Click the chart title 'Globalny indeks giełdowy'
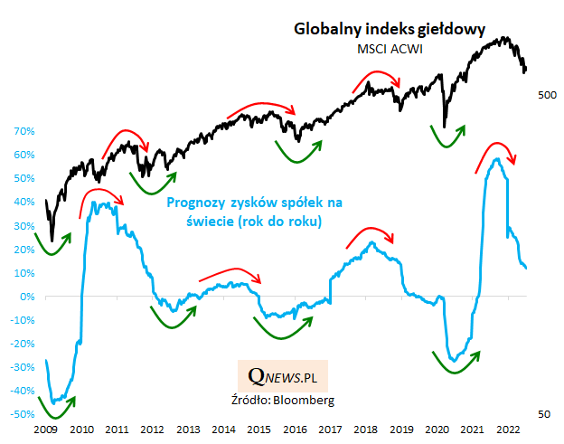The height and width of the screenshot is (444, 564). coord(391,29)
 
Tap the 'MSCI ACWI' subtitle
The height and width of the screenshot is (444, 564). coord(390,49)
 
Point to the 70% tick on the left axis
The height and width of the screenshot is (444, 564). coord(23,131)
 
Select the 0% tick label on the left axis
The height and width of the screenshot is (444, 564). coord(27,297)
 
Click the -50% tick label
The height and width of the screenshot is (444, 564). coord(23,414)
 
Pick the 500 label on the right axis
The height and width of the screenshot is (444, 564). coord(545,95)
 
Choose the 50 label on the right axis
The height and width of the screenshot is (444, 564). coord(545,414)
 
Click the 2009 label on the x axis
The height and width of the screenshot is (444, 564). coord(47,430)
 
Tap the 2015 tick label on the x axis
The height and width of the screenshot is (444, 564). coord(259,430)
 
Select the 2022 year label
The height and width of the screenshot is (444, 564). coord(506,430)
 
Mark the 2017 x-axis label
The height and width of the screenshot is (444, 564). coord(330,430)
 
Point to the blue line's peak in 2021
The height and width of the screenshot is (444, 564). coord(496,160)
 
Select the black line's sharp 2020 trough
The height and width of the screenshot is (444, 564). coord(444,127)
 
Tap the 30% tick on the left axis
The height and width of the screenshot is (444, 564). coord(23,225)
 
